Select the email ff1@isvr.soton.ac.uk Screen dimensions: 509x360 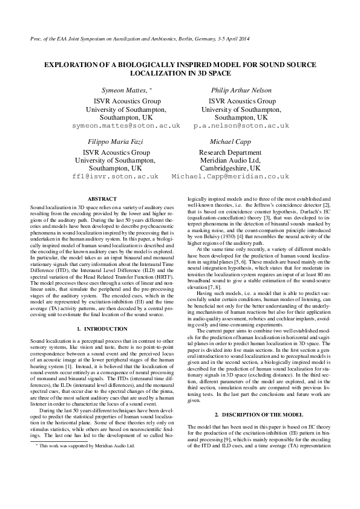pyautogui.click(x=115, y=178)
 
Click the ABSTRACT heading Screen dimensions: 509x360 pyautogui.click(x=98, y=198)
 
